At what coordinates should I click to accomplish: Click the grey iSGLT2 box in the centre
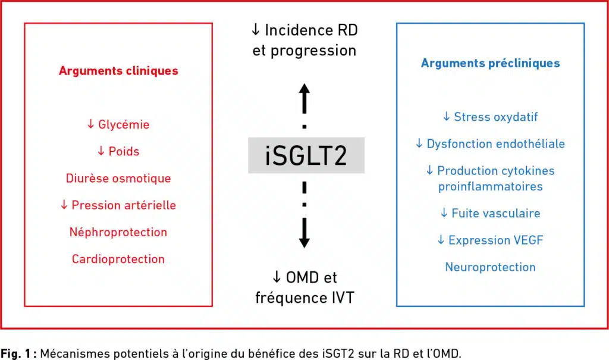coord(306,155)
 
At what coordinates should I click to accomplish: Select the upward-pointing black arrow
coord(304,98)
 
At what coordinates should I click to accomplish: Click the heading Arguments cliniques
coord(118,71)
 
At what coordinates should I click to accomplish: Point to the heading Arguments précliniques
coord(490,63)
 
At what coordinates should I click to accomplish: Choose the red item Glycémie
coord(118,125)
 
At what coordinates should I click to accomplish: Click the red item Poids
coord(118,151)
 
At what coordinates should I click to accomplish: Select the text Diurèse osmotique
coord(118,179)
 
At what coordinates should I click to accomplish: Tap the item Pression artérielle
coord(118,205)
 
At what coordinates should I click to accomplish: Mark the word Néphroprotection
coord(118,232)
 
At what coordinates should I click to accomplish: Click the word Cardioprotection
coord(118,259)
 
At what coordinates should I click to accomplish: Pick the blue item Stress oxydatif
coord(490,117)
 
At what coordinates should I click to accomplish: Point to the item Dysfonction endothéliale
coord(490,143)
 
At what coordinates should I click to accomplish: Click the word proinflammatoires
coord(490,186)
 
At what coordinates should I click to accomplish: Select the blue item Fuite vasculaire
coord(490,213)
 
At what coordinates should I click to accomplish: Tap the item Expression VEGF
coord(490,240)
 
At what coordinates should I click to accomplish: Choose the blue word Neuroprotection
coord(490,267)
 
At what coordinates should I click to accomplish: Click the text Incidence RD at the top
coord(304,29)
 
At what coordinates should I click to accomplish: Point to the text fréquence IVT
coord(304,297)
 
